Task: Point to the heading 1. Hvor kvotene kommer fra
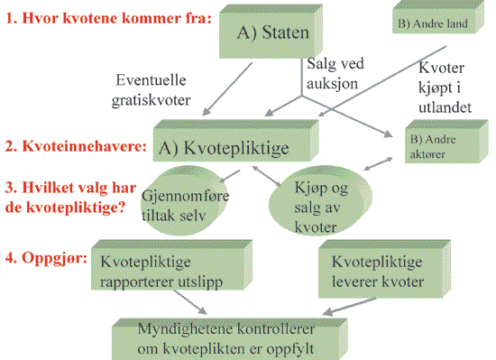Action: pos(111,18)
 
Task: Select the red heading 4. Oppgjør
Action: pos(45,257)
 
